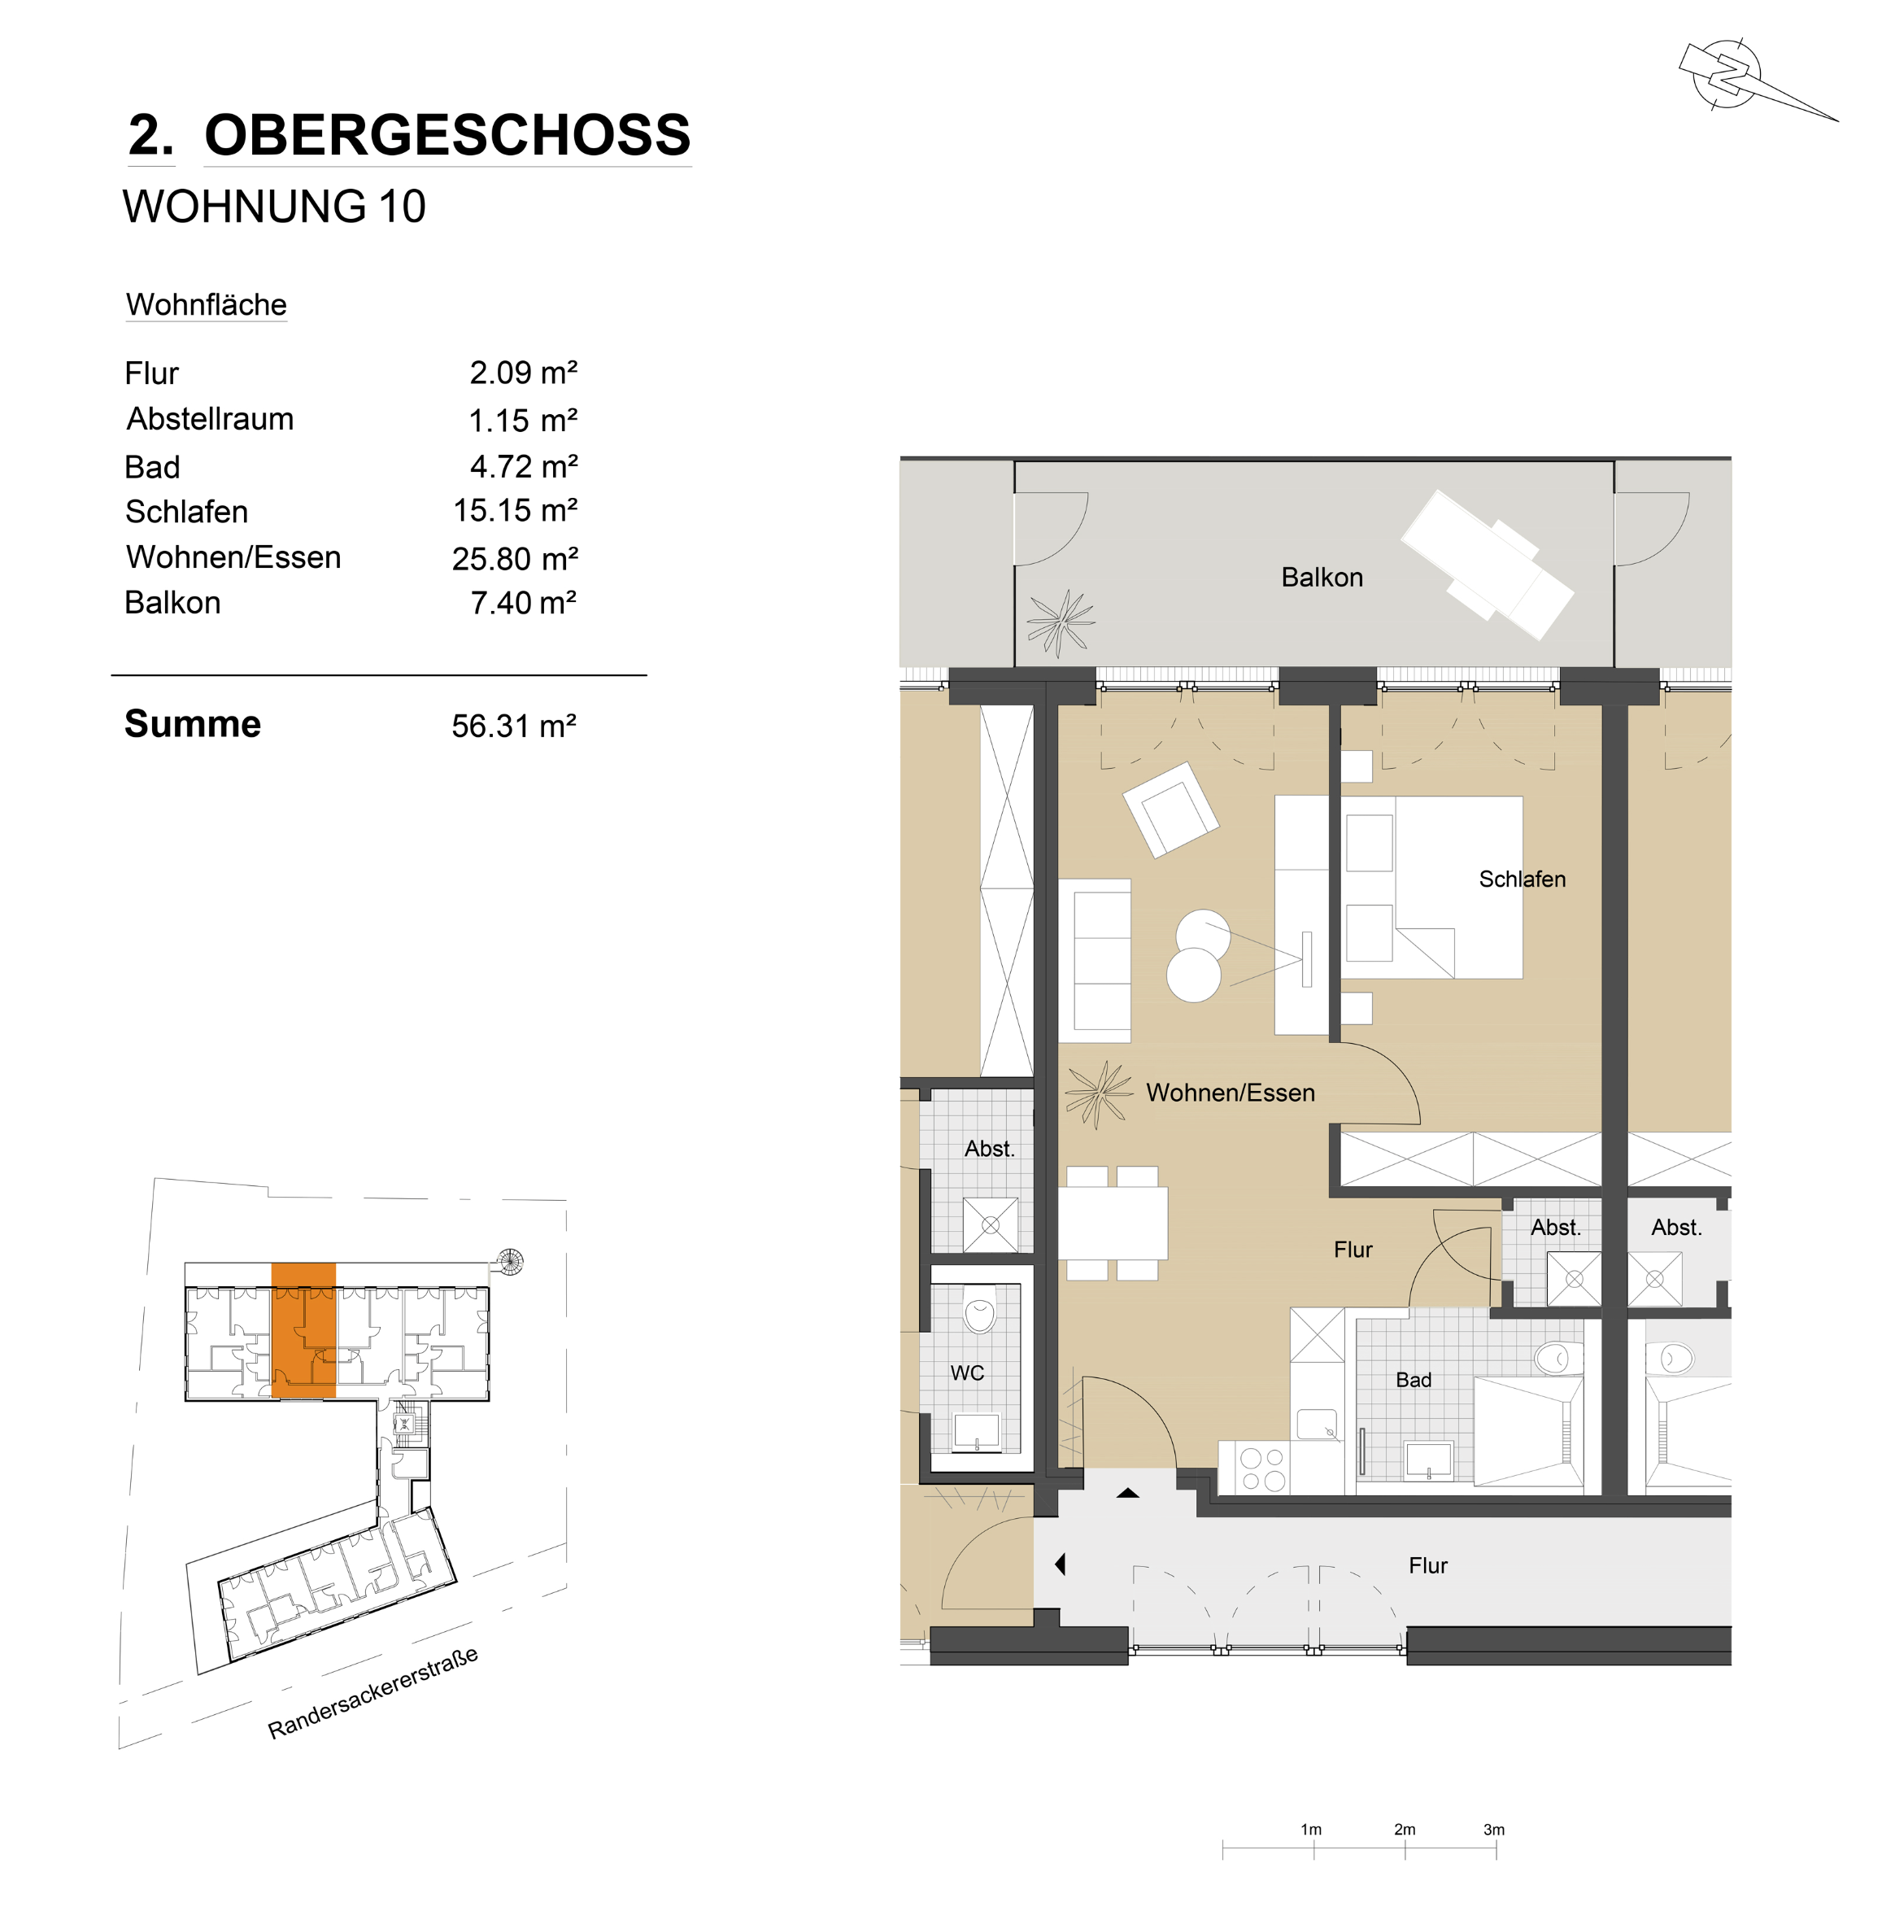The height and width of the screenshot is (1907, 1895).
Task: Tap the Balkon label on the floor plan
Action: point(1322,578)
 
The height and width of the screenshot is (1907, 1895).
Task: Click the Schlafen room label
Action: point(1522,879)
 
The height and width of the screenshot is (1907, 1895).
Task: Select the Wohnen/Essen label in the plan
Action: point(1230,1093)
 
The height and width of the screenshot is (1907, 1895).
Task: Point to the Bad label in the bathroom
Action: point(1414,1380)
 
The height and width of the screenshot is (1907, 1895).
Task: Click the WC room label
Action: point(967,1373)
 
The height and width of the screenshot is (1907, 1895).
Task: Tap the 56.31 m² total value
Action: point(514,726)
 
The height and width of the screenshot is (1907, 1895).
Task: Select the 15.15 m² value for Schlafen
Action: point(515,510)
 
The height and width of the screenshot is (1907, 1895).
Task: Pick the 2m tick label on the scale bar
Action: point(1405,1829)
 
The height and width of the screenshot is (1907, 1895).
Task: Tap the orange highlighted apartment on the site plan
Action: point(303,1329)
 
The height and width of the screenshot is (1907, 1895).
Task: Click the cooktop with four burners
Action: point(1262,1468)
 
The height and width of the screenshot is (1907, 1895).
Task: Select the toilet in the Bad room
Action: point(1558,1358)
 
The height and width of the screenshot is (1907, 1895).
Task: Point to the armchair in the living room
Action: point(1170,809)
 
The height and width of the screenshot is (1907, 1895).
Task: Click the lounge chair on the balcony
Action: point(1488,565)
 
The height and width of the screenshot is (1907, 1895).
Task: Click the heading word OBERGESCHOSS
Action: point(447,134)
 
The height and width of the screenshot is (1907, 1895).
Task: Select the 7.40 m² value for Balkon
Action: point(523,602)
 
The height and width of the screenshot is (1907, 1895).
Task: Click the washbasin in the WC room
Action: point(976,1432)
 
